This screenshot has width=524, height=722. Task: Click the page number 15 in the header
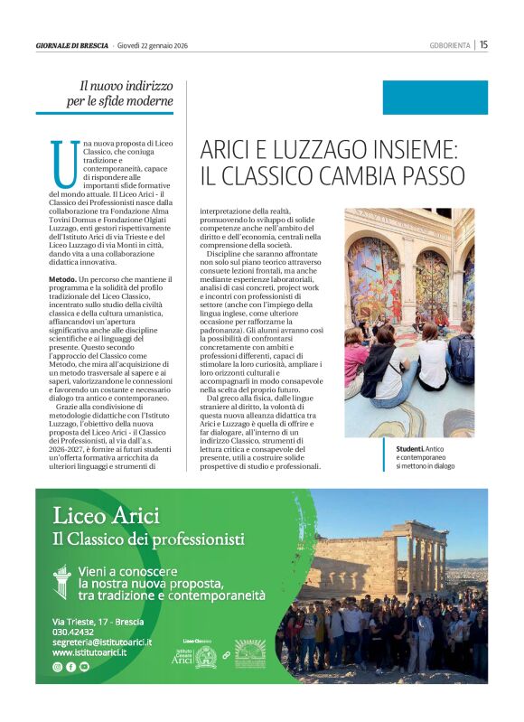484,44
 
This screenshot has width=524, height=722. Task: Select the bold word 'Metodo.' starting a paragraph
63,281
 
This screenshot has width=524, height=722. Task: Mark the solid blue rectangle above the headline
435,98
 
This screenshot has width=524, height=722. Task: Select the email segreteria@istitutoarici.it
101,642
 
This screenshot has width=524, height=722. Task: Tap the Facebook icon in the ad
70,666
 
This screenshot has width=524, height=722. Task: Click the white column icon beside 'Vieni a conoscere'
62,577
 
